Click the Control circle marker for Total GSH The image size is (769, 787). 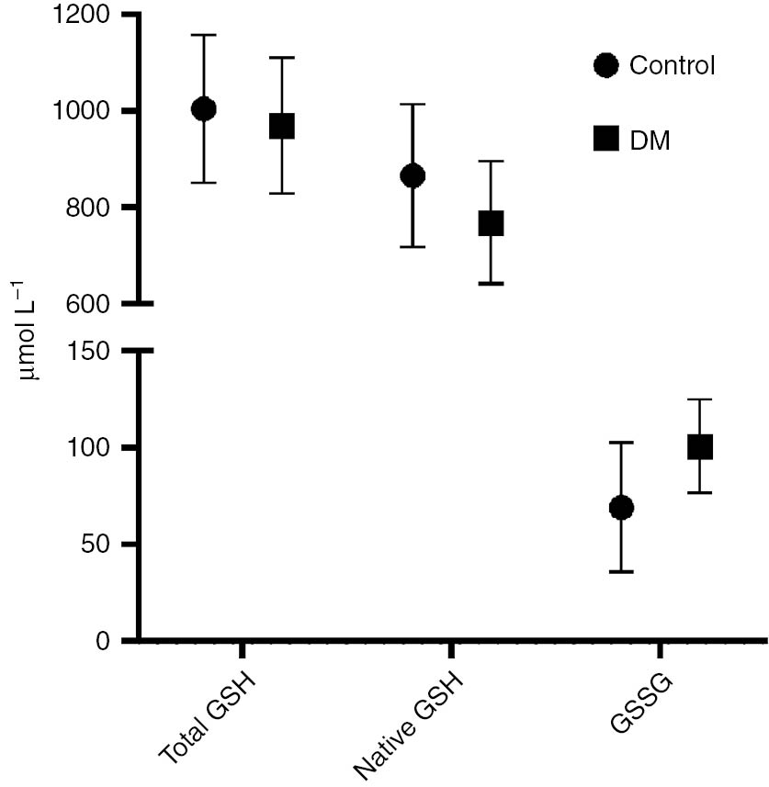pyautogui.click(x=203, y=109)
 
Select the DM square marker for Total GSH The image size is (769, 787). pyautogui.click(x=281, y=126)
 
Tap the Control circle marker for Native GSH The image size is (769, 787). pyautogui.click(x=413, y=175)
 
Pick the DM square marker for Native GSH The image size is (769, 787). pyautogui.click(x=491, y=223)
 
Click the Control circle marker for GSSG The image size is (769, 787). pyautogui.click(x=621, y=508)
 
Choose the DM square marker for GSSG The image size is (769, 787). pyautogui.click(x=699, y=447)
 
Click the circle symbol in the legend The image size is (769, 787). pyautogui.click(x=605, y=66)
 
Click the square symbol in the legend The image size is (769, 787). pyautogui.click(x=605, y=139)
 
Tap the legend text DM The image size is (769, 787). pyautogui.click(x=650, y=140)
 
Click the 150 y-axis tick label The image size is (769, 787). pyautogui.click(x=85, y=351)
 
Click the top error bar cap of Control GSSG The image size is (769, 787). pyautogui.click(x=621, y=443)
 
